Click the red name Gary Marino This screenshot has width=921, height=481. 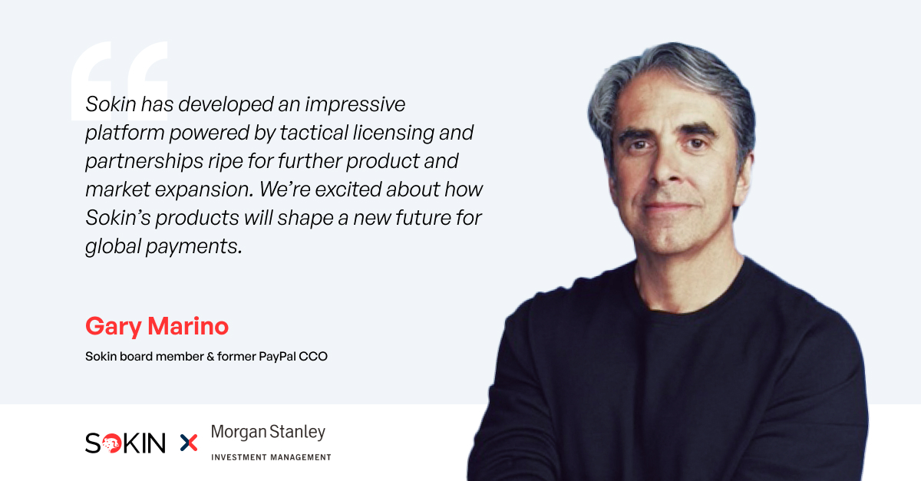(157, 327)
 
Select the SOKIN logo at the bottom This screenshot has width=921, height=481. (125, 443)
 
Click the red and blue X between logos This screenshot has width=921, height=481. (188, 443)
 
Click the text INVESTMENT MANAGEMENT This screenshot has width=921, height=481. (271, 457)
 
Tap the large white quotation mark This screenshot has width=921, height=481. (119, 81)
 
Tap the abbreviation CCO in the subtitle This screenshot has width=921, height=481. (315, 357)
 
